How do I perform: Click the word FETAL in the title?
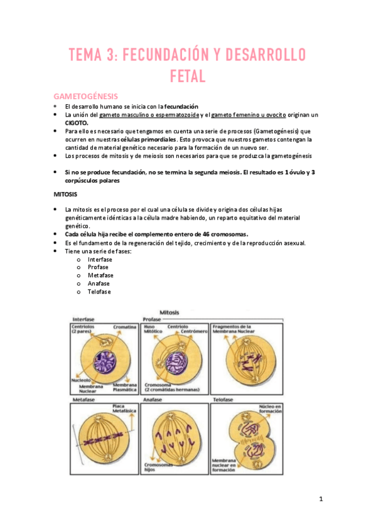pos(188,77)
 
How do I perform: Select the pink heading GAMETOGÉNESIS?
pos(85,97)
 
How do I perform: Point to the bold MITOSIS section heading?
pos(66,194)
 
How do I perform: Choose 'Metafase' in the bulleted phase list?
pos(101,275)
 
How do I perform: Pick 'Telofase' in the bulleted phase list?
pos(100,291)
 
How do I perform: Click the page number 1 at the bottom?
pos(320,499)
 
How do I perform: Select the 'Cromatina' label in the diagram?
pos(125,327)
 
